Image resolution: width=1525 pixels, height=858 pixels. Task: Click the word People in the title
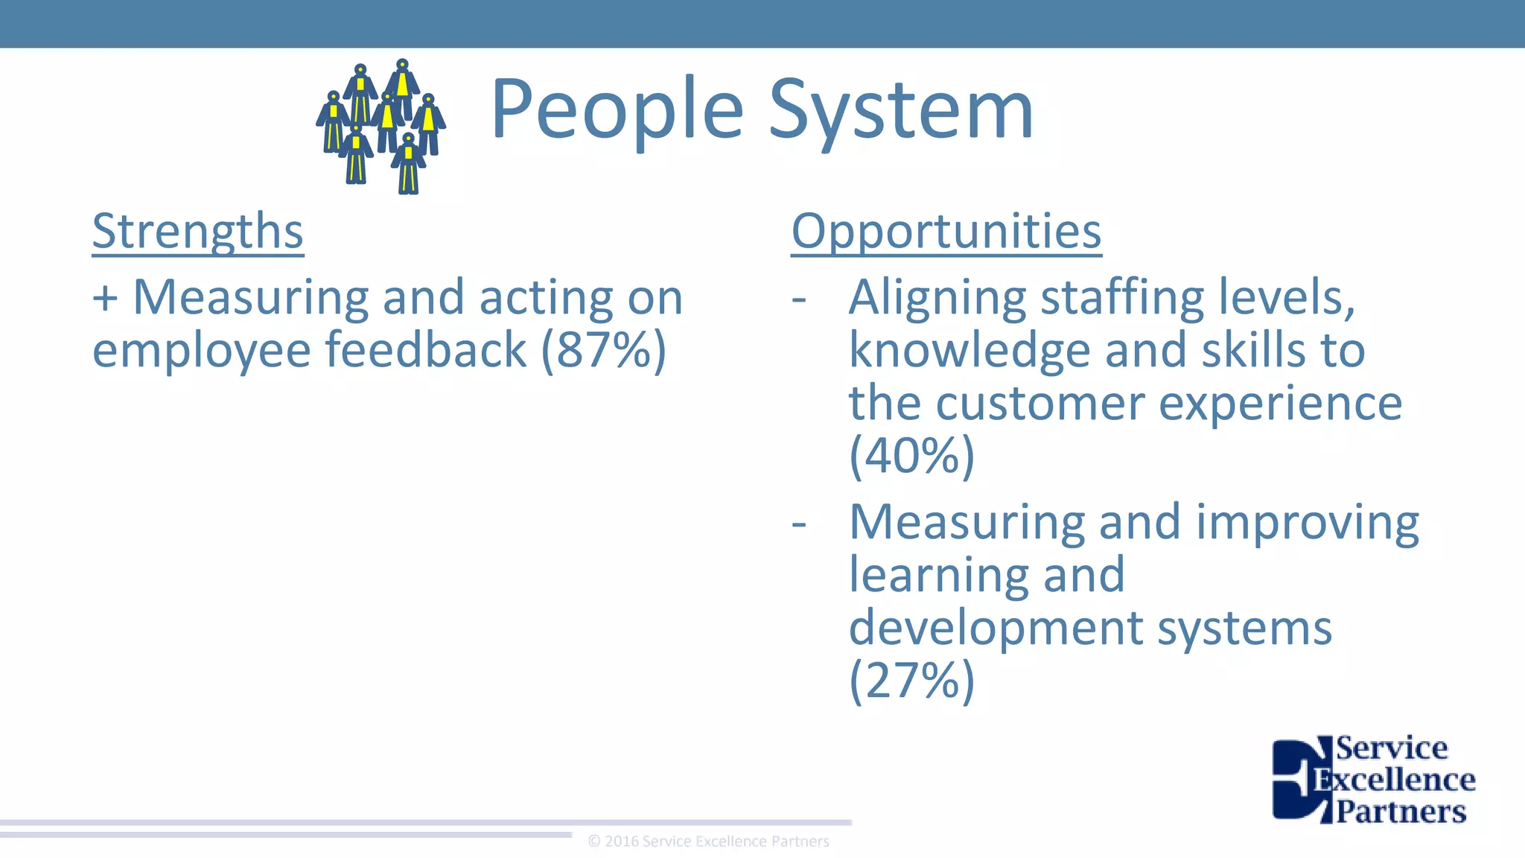point(617,110)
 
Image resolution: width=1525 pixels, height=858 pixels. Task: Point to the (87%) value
point(603,350)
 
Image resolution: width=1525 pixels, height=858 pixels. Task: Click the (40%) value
point(911,455)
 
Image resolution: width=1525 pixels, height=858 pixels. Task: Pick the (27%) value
point(911,680)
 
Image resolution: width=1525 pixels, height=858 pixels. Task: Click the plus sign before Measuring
point(105,298)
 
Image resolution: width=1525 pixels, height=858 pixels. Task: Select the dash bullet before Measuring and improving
point(799,524)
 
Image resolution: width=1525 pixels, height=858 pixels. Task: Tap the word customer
point(1040,403)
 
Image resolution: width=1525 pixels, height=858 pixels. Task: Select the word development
point(996,629)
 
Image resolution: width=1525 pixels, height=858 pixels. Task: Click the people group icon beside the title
point(381,127)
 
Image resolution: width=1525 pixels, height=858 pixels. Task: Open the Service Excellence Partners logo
point(1373,779)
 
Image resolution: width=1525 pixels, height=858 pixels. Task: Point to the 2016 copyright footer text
point(708,842)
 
